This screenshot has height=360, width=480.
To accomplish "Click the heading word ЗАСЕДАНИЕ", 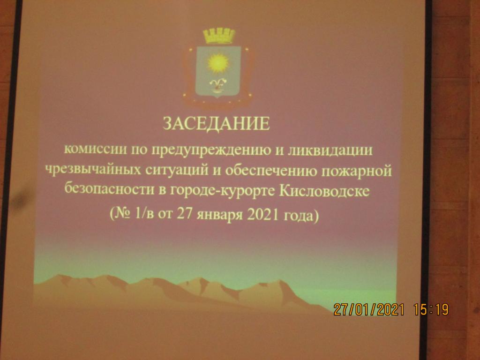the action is click(x=216, y=124).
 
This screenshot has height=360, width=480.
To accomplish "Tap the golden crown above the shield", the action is click(x=218, y=36).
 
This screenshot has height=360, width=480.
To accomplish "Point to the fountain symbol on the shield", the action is click(x=217, y=84).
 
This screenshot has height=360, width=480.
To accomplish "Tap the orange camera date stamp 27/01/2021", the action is click(x=368, y=309).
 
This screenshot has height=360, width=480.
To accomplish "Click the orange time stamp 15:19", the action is click(x=431, y=309).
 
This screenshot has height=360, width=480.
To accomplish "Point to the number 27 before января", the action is click(x=185, y=214).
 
